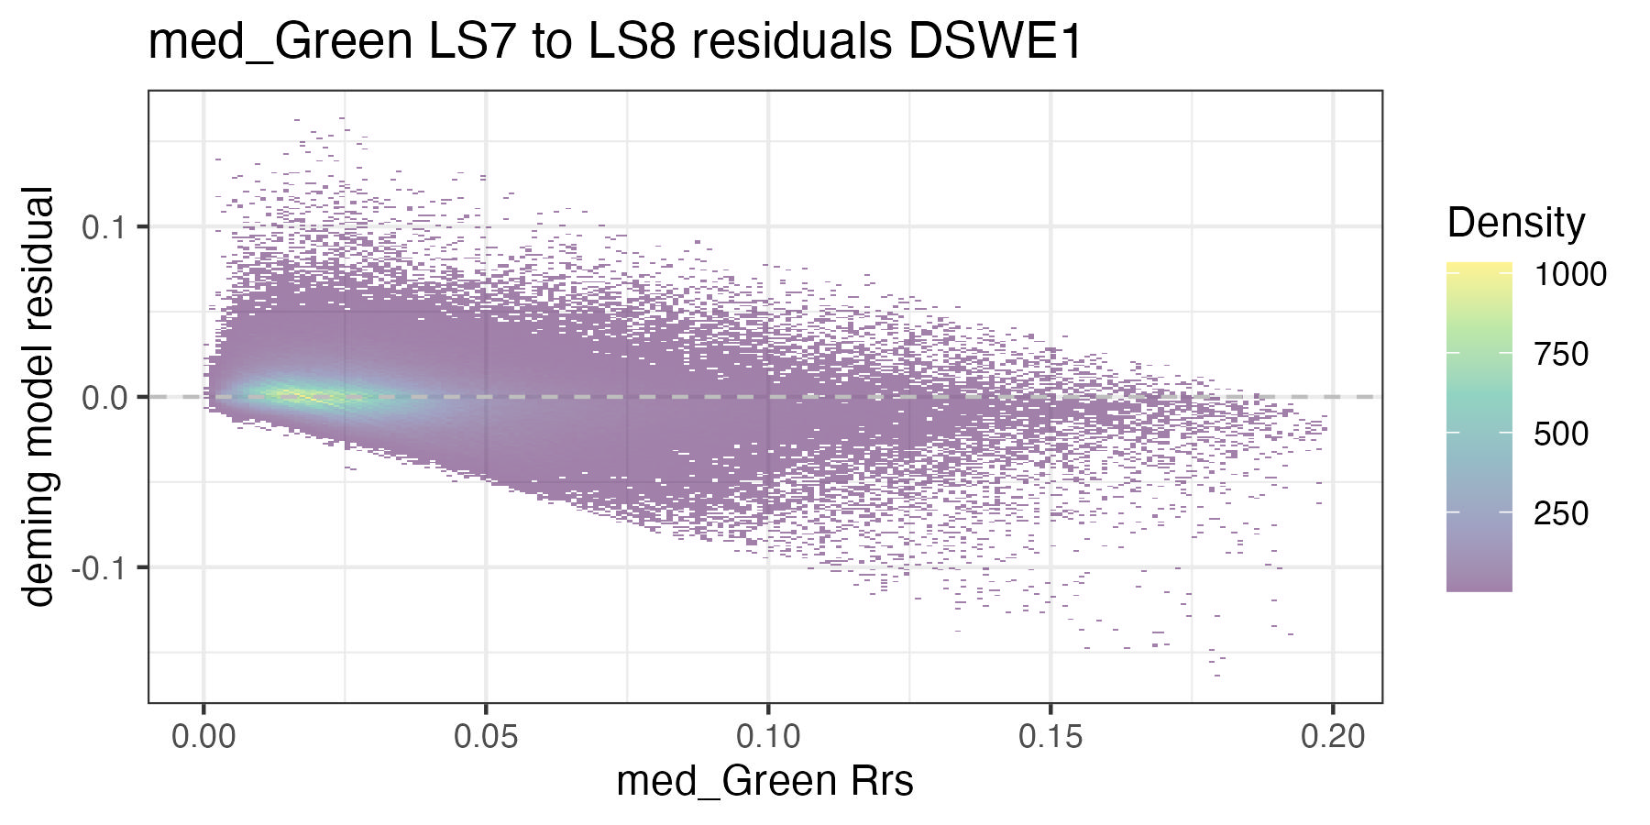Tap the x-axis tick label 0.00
pyautogui.click(x=203, y=735)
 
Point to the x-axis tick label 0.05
pyautogui.click(x=485, y=735)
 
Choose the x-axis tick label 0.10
pyautogui.click(x=767, y=735)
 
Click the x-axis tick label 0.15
pyautogui.click(x=1050, y=735)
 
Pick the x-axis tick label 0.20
pyautogui.click(x=1332, y=735)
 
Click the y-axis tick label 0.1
pyautogui.click(x=103, y=226)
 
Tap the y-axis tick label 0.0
pyautogui.click(x=103, y=397)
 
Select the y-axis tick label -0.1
pyautogui.click(x=97, y=567)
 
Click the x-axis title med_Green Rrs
pyautogui.click(x=764, y=781)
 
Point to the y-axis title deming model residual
pyautogui.click(x=38, y=396)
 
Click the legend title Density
pyautogui.click(x=1515, y=223)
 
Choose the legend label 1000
pyautogui.click(x=1570, y=274)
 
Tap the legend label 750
pyautogui.click(x=1561, y=354)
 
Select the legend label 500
pyautogui.click(x=1561, y=434)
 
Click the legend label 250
pyautogui.click(x=1561, y=513)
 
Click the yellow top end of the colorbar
pyautogui.click(x=1479, y=267)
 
